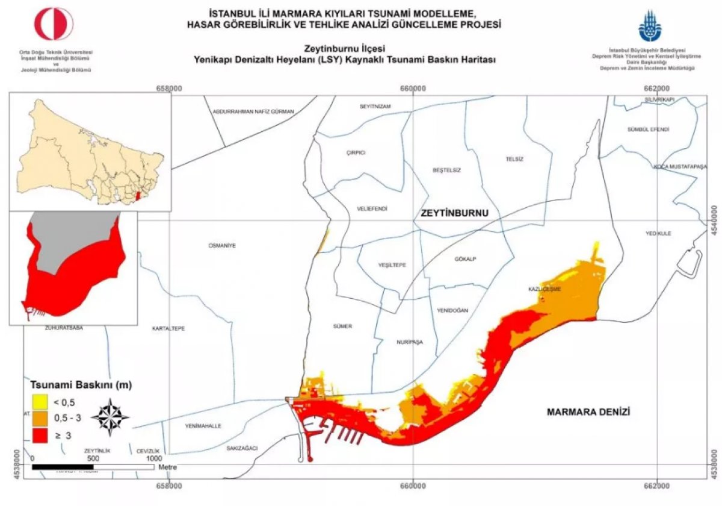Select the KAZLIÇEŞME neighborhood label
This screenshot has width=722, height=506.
(545, 289)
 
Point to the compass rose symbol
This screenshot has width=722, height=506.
(110, 417)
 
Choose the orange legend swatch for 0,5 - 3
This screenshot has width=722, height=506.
(40, 417)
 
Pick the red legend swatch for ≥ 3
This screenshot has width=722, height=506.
(40, 433)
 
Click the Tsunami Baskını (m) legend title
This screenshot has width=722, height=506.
(81, 384)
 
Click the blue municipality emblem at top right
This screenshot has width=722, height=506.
(650, 25)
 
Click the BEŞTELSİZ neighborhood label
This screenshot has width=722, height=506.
(446, 170)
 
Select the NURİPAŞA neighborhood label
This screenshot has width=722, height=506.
(410, 342)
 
